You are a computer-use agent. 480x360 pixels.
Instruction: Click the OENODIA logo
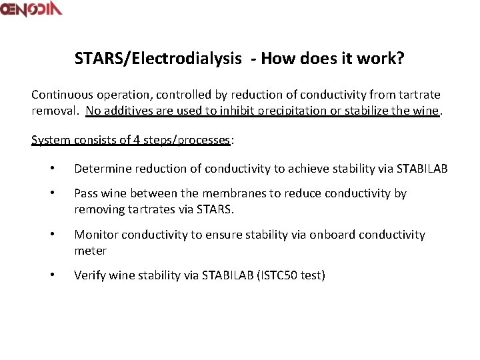click(31, 9)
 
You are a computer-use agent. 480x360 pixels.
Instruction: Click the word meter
click(90, 251)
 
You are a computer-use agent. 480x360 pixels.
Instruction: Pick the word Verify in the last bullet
click(89, 275)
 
